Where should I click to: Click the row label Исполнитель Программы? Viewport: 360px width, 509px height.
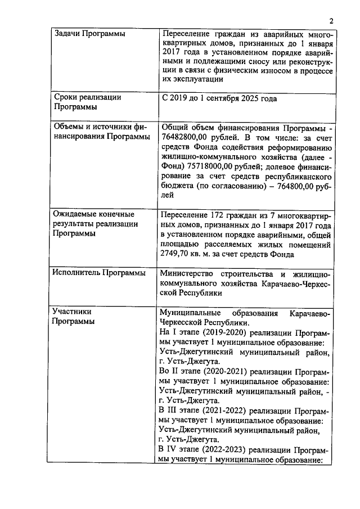99,273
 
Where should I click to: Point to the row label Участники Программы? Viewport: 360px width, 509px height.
72,316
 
